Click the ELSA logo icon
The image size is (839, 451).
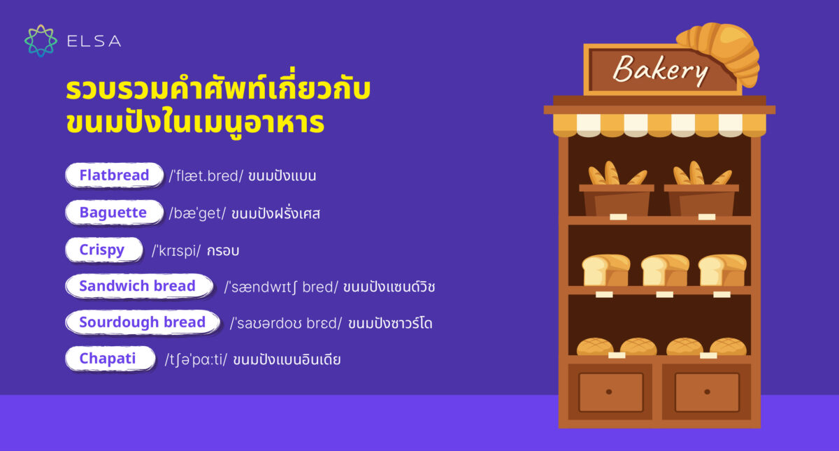point(41,41)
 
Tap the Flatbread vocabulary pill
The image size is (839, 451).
point(114,175)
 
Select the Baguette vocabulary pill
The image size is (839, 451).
point(113,213)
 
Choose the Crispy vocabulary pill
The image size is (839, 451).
point(102,250)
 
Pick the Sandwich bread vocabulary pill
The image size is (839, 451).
point(138,286)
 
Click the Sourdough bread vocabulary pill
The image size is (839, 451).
point(142,322)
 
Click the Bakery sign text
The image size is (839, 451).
point(661,70)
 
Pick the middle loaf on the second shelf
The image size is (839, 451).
point(665,270)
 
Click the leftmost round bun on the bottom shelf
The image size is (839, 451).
point(595,347)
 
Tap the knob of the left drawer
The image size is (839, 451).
point(609,392)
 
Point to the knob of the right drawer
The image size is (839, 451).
point(706,392)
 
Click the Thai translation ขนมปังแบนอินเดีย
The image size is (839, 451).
point(287,360)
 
